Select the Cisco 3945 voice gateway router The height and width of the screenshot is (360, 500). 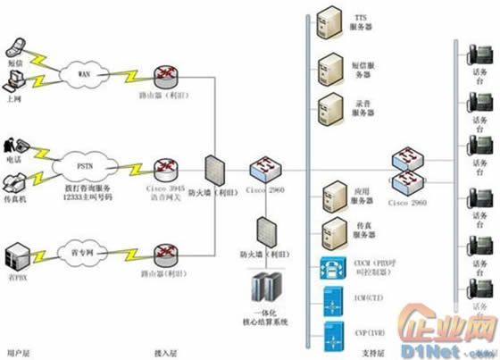[x=166, y=168]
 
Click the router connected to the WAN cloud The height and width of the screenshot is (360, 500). [x=166, y=75]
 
